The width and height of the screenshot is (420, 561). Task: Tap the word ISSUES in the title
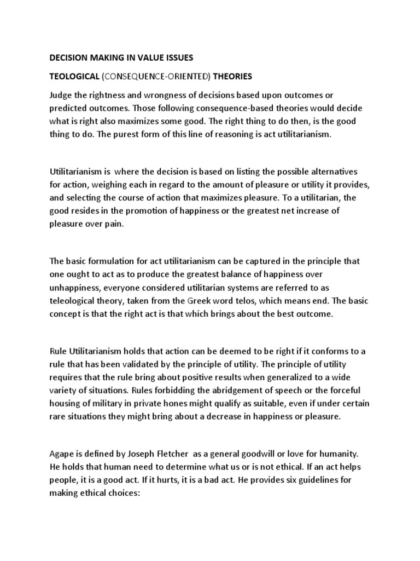(176, 57)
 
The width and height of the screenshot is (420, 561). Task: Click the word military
(109, 403)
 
